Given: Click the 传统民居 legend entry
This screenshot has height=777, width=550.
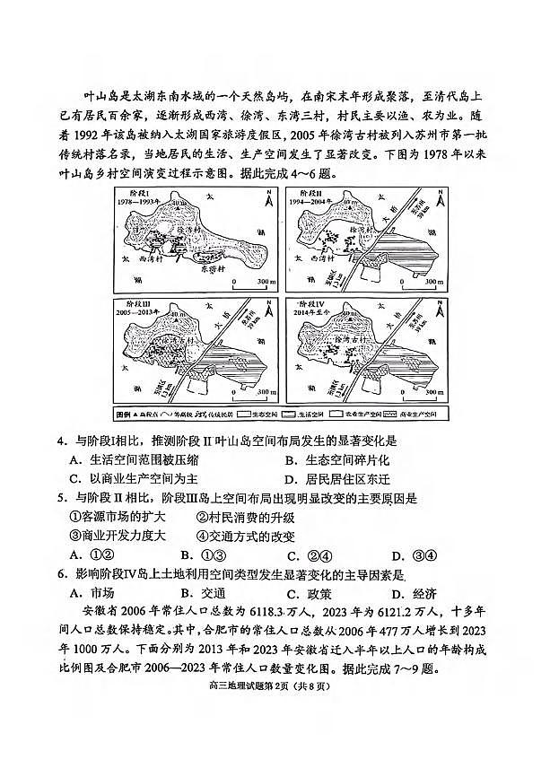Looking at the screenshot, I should pyautogui.click(x=221, y=415).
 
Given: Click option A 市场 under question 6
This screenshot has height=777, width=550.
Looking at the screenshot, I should pyautogui.click(x=91, y=593).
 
